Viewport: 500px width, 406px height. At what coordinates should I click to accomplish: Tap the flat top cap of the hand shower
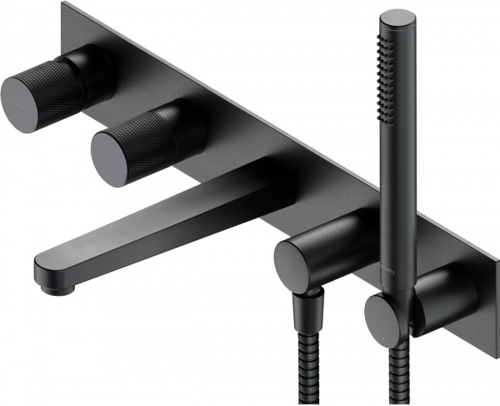(x=397, y=18)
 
